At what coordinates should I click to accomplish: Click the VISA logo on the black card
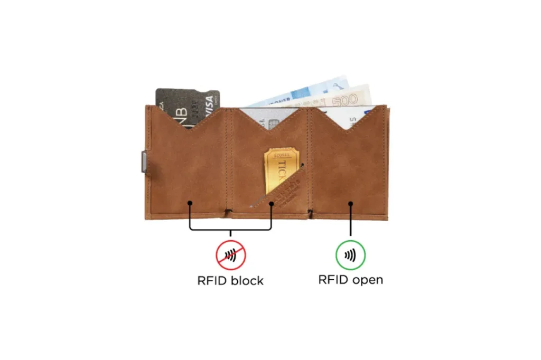pyautogui.click(x=210, y=100)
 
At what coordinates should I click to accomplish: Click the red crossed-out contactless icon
pyautogui.click(x=230, y=255)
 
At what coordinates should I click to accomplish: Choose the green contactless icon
pyautogui.click(x=350, y=255)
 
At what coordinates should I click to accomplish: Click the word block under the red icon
pyautogui.click(x=246, y=280)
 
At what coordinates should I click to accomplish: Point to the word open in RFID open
pyautogui.click(x=366, y=280)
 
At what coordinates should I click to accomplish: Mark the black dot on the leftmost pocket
pyautogui.click(x=189, y=203)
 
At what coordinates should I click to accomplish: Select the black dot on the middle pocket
pyautogui.click(x=272, y=203)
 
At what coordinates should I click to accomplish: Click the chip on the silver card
pyautogui.click(x=273, y=125)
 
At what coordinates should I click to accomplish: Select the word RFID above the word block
pyautogui.click(x=212, y=280)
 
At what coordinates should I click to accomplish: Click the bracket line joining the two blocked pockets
pyautogui.click(x=230, y=230)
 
